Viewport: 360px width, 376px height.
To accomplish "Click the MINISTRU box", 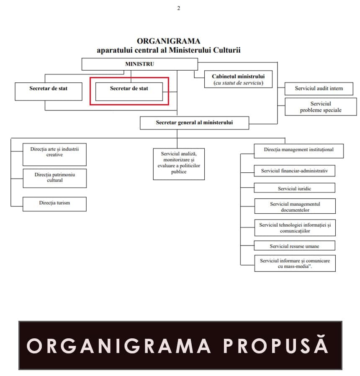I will click(139, 64).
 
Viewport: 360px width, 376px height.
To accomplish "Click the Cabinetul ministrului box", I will click(238, 79).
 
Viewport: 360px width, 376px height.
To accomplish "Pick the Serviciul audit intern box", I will click(319, 89).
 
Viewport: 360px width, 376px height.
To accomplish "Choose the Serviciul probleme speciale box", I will click(320, 107).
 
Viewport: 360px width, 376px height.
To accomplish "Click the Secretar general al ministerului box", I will click(194, 123).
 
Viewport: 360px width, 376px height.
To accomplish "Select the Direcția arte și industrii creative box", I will click(54, 154).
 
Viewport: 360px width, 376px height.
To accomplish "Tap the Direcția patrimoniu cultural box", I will click(54, 178).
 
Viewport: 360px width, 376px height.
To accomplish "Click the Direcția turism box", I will click(54, 203).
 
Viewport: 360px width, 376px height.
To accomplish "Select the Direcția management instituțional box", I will click(298, 151).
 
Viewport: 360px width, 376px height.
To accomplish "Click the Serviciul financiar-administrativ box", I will click(294, 171).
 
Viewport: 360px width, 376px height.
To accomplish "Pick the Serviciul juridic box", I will click(294, 188).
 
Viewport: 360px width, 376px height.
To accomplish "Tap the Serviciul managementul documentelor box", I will click(295, 207).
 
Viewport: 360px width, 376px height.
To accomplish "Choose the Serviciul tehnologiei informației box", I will click(295, 228).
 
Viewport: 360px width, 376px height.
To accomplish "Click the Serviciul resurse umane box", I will click(294, 246).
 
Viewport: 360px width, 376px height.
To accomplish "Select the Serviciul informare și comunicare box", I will click(295, 263).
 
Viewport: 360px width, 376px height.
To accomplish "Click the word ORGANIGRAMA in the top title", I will click(169, 41).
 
